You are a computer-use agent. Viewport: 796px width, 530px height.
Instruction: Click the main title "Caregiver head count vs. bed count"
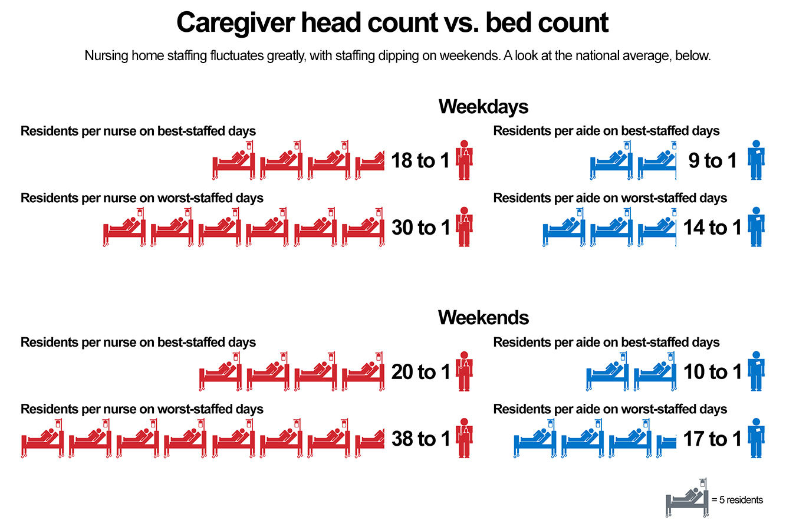click(x=392, y=23)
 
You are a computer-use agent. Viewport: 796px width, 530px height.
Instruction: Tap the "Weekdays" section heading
click(x=483, y=107)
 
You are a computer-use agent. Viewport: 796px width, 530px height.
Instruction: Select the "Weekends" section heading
click(x=483, y=318)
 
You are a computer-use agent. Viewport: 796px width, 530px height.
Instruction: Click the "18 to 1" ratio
click(x=420, y=160)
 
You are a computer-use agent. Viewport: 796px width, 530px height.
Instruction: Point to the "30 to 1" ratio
click(x=420, y=228)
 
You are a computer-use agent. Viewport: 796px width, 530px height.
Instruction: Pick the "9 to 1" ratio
click(x=712, y=160)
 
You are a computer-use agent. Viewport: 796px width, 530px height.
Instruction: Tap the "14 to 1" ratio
click(x=712, y=228)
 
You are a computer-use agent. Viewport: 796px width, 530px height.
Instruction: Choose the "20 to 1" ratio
click(x=420, y=372)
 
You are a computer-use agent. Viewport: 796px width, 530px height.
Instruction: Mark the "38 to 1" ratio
click(x=420, y=439)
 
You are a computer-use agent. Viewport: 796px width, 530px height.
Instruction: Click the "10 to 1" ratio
click(x=712, y=372)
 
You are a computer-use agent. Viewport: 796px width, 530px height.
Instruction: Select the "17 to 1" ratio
click(x=712, y=439)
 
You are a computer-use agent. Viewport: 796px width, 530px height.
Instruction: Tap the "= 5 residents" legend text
click(x=738, y=500)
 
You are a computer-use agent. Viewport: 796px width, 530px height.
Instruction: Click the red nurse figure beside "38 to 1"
click(x=464, y=438)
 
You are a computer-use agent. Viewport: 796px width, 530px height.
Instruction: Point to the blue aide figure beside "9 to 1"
click(x=756, y=160)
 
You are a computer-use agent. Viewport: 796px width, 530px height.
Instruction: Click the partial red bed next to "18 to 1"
click(x=370, y=163)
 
